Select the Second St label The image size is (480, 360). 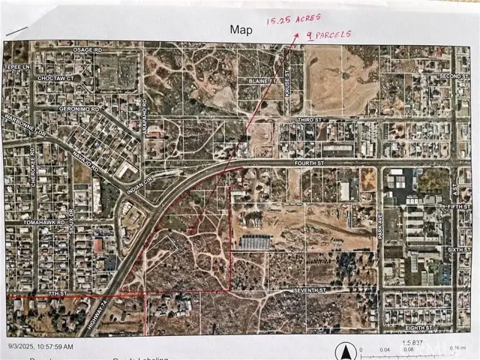point(452,76)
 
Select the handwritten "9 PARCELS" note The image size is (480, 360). point(323,35)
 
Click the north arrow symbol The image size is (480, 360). point(346,350)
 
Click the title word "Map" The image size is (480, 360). point(241,29)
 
